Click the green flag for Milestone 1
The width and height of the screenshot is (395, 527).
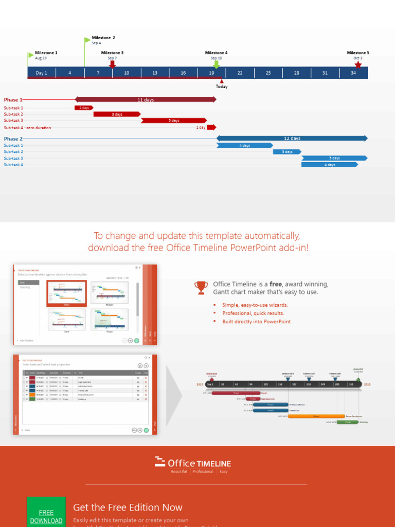point(30,55)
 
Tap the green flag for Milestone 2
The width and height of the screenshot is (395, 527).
point(87,40)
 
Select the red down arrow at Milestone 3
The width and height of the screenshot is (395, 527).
point(112,64)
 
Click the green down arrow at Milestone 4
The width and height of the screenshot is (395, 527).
point(217,64)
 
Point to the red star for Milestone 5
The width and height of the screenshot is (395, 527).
point(358,64)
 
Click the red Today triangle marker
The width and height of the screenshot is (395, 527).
point(222,81)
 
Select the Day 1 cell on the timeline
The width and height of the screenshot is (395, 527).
point(41,73)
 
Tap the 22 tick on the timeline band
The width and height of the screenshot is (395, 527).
point(240,73)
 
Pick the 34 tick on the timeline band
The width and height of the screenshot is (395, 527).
point(353,73)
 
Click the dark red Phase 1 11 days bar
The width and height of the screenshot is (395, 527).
point(146,100)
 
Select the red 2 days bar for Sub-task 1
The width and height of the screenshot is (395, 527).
point(84,108)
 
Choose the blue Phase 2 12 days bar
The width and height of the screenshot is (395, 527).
point(292,138)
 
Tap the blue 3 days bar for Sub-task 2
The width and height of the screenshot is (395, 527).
point(286,152)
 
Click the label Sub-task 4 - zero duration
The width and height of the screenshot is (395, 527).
point(27,128)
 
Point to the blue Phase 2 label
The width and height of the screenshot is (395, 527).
point(13,139)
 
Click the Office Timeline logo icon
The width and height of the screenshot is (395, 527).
point(160,462)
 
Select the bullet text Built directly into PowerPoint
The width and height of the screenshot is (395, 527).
point(256,322)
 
